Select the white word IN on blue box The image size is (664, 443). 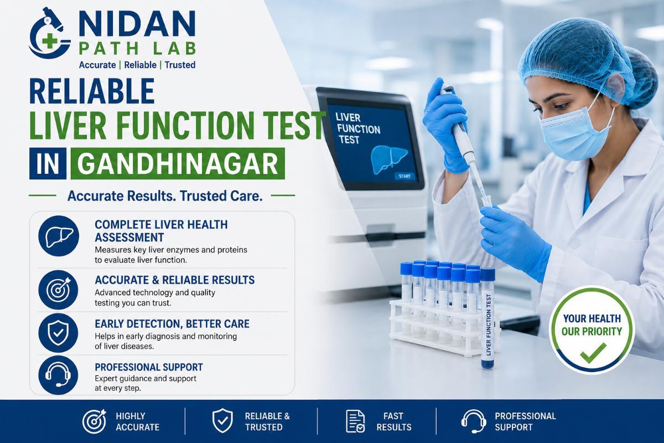[x=48, y=164]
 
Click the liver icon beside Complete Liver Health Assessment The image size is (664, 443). [x=59, y=236]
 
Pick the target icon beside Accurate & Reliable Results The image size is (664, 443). [x=59, y=290]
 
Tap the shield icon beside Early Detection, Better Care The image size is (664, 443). [x=59, y=333]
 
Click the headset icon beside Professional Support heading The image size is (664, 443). [x=59, y=375]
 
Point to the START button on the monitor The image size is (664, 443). [x=404, y=176]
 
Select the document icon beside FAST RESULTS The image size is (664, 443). [x=355, y=421]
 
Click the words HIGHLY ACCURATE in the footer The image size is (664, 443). [x=137, y=421]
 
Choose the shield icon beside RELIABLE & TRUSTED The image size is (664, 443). [x=222, y=421]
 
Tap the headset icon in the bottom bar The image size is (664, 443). [x=474, y=421]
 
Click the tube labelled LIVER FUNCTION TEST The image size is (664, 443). [x=488, y=319]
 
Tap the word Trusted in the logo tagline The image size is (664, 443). [x=180, y=65]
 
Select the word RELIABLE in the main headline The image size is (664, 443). [x=92, y=91]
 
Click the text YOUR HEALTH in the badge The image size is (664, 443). [x=592, y=318]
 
